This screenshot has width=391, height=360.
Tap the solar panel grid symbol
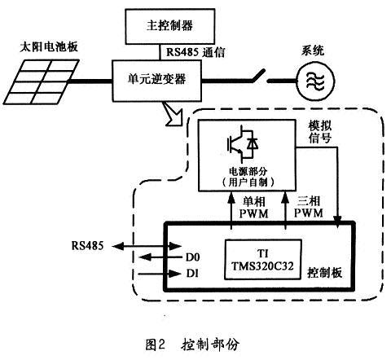pos(41,82)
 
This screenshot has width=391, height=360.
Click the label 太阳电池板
pos(49,46)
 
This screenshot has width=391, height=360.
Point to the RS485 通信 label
pos(195,52)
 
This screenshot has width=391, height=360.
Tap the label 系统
pos(313,50)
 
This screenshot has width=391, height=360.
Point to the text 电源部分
pos(248,171)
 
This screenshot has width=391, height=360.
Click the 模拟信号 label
pos(320,132)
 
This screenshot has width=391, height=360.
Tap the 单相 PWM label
pos(253,208)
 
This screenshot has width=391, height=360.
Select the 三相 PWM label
pos(309,207)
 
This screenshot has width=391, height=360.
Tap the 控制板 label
pos(324,273)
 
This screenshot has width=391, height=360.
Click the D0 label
pos(192,257)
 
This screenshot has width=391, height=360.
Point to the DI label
pos(192,274)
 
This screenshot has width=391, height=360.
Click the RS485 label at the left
pos(87,246)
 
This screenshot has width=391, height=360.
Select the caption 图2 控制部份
pos(192,345)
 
